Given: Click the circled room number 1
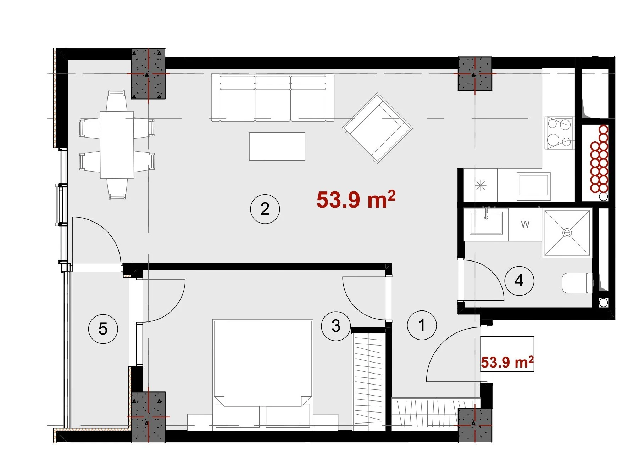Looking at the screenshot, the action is [422, 325].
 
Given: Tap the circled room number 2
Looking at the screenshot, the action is [265, 209].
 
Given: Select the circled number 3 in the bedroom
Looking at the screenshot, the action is [336, 326].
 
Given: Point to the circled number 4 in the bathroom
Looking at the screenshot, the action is [519, 281].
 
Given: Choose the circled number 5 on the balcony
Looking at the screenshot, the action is [103, 329].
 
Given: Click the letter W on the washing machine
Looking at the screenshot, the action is [525, 224].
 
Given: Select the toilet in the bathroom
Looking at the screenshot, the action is [577, 283].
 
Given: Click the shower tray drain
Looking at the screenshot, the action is [567, 232].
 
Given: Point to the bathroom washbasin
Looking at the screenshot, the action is [486, 223].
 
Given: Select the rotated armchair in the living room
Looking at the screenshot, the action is [377, 128].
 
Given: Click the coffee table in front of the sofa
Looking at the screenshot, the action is [277, 146].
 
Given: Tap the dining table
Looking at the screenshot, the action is [117, 145].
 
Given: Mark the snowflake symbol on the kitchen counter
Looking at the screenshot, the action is [481, 185].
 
